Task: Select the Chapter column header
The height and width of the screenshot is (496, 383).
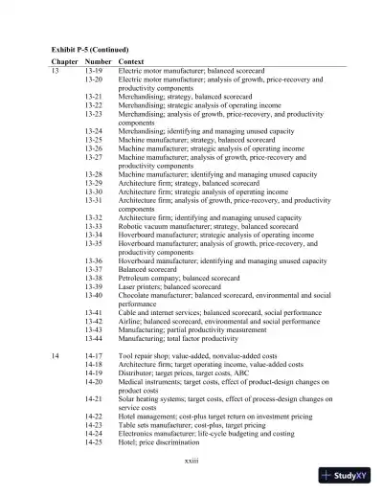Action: pos(64,60)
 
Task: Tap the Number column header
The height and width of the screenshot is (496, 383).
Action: pos(99,60)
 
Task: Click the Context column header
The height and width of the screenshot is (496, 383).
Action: pos(132,60)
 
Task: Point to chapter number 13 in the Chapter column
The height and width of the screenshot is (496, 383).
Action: pos(55,71)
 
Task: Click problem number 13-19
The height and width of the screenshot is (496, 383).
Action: pos(94,71)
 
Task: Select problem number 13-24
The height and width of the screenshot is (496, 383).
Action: pos(94,131)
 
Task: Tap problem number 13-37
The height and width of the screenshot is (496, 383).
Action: pos(94,269)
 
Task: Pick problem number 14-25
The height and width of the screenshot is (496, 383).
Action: pos(94,442)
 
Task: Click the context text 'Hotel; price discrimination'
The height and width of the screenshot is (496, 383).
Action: pos(159,442)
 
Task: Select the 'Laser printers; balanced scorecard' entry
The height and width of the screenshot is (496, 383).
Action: pos(169,286)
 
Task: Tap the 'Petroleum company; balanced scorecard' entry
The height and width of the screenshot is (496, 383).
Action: pos(177,278)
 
